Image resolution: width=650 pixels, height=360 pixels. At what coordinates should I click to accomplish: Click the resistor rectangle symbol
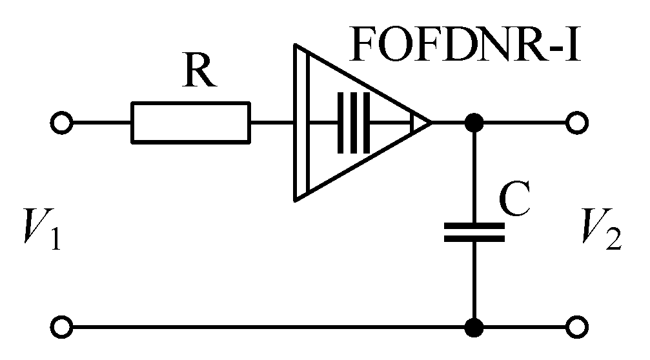pyautogui.click(x=190, y=121)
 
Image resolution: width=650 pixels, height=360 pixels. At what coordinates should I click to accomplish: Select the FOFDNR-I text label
pyautogui.click(x=465, y=45)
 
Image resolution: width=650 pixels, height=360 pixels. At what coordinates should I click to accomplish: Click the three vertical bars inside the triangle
pyautogui.click(x=353, y=122)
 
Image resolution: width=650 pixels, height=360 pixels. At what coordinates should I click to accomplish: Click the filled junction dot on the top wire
pyautogui.click(x=474, y=121)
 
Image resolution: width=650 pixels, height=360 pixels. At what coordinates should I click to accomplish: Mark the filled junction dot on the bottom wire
pyautogui.click(x=474, y=327)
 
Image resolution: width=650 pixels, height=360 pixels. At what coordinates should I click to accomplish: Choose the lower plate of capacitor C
pyautogui.click(x=474, y=239)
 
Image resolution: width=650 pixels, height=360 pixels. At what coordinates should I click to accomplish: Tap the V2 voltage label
pyautogui.click(x=600, y=228)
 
